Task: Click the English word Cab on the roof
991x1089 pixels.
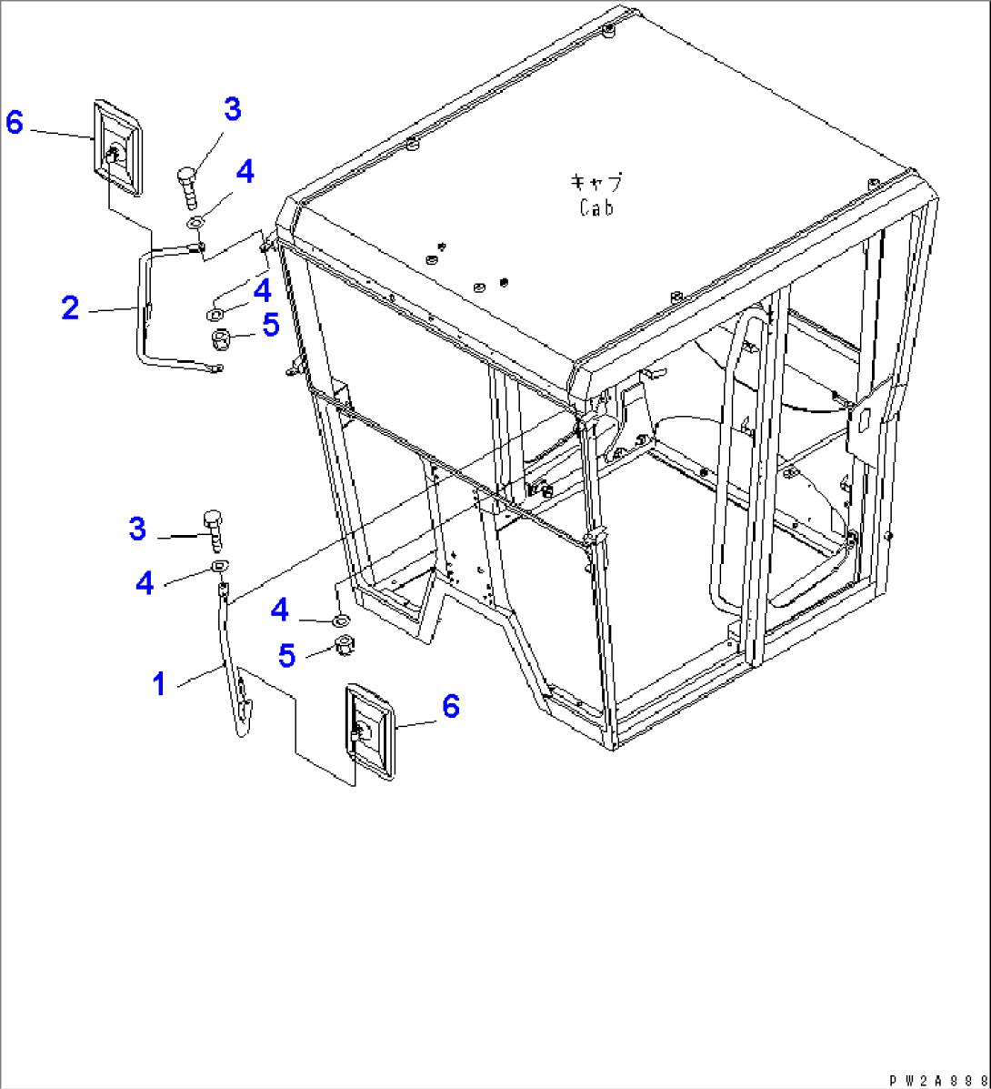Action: pos(596,207)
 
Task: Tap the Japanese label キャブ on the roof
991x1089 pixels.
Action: pos(596,183)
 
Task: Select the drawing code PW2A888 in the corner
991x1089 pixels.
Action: pos(939,1080)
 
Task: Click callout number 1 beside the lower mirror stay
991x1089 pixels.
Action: pos(160,683)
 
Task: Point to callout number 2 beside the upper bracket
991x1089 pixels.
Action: pos(70,308)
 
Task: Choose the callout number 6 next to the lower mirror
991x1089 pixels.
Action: pos(450,707)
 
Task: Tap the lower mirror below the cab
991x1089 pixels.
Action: pos(370,731)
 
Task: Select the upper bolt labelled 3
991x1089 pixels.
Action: pos(189,187)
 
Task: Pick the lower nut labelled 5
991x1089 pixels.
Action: pos(345,644)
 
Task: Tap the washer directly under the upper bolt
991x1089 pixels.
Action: pos(195,223)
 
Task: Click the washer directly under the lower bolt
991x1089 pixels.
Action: pos(219,566)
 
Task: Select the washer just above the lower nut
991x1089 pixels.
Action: pos(341,619)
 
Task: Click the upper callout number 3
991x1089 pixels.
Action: pos(232,109)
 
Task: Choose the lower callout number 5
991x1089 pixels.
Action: pos(286,655)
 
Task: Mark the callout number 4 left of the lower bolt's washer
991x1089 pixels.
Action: pos(145,583)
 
